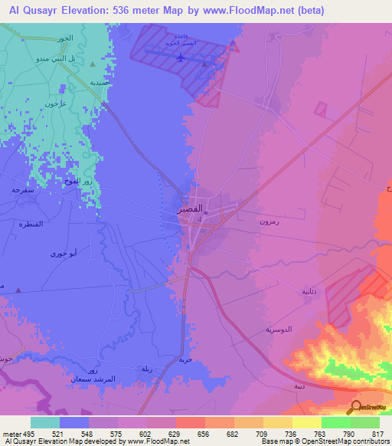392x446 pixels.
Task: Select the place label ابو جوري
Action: click(63, 253)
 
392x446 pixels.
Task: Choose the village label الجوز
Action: click(65, 38)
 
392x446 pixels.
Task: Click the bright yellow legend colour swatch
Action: click(306, 422)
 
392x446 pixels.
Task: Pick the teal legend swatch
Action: click(45, 422)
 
